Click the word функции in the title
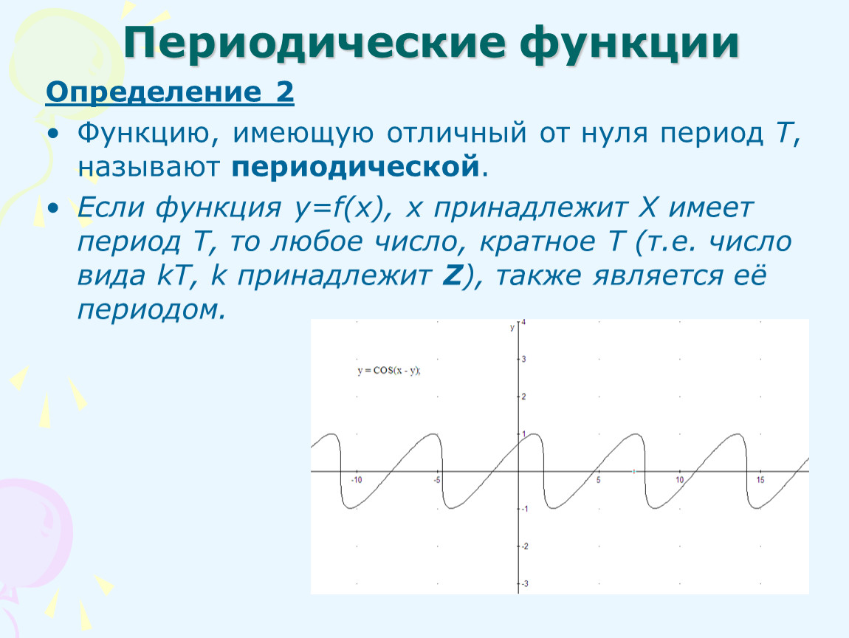pos(630,44)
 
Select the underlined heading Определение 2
pos(170,92)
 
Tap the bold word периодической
pos(356,168)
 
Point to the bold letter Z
pos(452,275)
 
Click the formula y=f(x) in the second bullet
pos(339,207)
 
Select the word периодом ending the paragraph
pos(151,310)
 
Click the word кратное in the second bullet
pos(537,241)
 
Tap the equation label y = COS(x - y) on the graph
pos(389,371)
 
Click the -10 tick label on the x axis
pos(356,480)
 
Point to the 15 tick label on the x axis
pos(760,480)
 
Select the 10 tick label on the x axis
pos(679,480)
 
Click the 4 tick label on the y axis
pos(523,322)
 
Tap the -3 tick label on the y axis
pos(524,584)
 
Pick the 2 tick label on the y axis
pos(523,397)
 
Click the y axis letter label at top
pos(512,328)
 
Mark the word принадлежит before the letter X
pos(531,207)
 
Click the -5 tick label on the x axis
pos(437,480)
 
